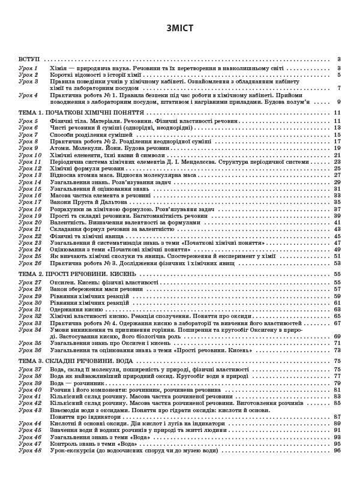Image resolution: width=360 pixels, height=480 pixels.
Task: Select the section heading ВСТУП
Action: [x=28, y=59]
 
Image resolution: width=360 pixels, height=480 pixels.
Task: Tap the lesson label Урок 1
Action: [x=28, y=68]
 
